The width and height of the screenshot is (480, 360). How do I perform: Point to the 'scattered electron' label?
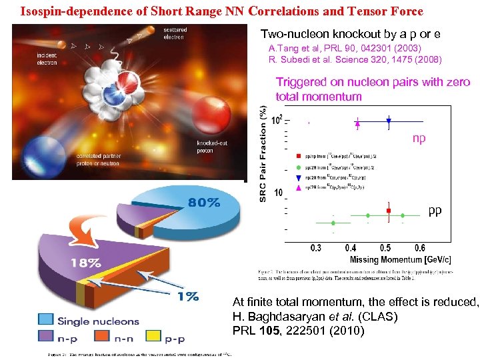click(x=175, y=33)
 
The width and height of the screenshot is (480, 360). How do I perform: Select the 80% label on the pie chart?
click(x=204, y=203)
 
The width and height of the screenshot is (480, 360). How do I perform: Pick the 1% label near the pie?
click(x=187, y=297)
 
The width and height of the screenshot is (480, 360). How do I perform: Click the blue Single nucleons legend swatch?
click(x=47, y=321)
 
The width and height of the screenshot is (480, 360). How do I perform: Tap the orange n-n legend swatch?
click(x=101, y=337)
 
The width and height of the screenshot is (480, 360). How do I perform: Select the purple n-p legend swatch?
click(x=47, y=337)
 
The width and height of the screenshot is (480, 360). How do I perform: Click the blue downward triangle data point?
click(x=389, y=121)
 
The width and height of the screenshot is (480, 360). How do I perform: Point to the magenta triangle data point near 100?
click(x=358, y=122)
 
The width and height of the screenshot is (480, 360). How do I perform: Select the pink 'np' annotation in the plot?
click(x=419, y=139)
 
